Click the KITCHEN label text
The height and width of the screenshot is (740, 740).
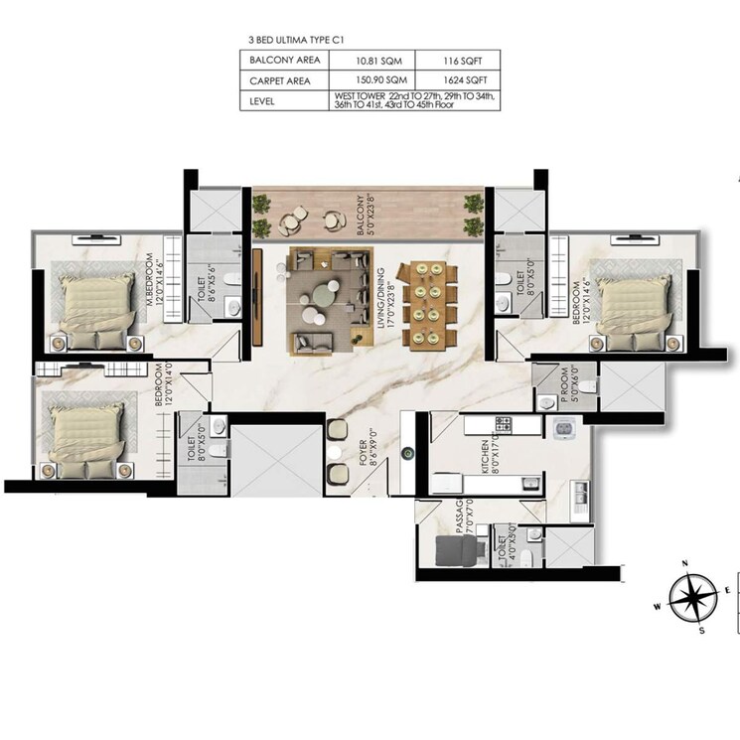point(484,455)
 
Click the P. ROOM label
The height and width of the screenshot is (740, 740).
point(565,385)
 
